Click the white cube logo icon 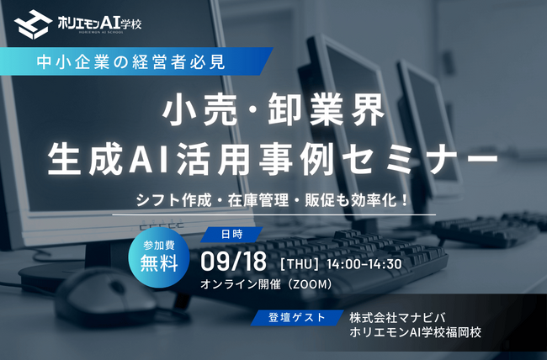[x=33, y=24]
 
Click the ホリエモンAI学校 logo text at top [x=99, y=24]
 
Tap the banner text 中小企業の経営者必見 [x=130, y=62]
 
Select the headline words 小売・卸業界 [x=273, y=109]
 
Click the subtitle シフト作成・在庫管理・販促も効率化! [x=272, y=200]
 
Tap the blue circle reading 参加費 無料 [x=159, y=257]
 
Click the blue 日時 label [x=231, y=235]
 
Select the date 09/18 [x=233, y=262]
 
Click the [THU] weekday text [x=300, y=264]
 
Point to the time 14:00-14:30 [x=364, y=264]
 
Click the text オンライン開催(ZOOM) [x=267, y=284]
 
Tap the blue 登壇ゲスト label [x=297, y=317]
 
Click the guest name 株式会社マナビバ [x=397, y=318]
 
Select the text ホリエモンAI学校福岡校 [x=416, y=332]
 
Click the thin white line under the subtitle [x=273, y=214]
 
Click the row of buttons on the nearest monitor [x=162, y=225]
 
